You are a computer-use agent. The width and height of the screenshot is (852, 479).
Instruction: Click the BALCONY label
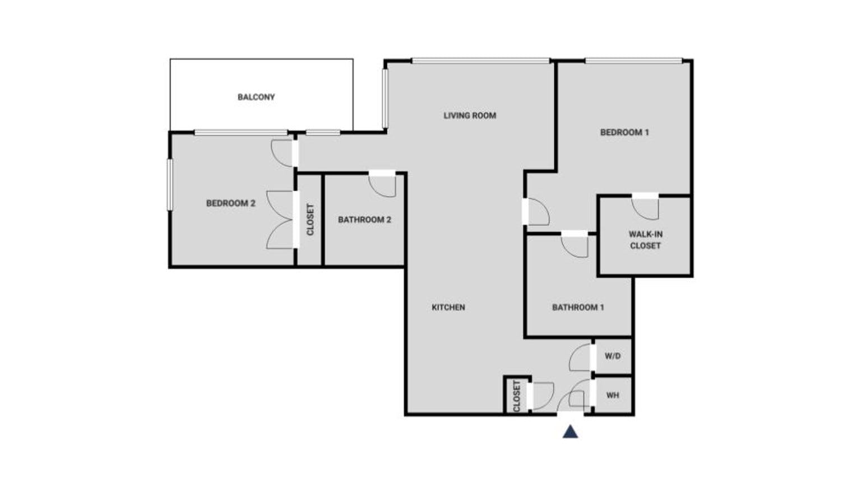[256, 97]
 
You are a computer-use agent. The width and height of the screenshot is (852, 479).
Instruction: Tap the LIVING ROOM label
[470, 115]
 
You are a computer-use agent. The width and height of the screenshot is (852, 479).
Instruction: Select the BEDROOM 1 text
[624, 132]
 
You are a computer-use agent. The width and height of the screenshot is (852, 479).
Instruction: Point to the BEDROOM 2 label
[230, 203]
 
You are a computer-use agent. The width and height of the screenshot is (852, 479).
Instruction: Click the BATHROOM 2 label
[364, 220]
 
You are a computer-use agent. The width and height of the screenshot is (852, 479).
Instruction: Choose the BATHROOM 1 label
[578, 307]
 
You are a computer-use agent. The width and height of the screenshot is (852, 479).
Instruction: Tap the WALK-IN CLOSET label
[645, 240]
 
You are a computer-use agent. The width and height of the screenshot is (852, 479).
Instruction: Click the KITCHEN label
[448, 307]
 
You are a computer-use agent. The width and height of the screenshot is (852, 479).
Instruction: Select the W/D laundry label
[613, 356]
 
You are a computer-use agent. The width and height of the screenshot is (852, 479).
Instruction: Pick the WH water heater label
[613, 395]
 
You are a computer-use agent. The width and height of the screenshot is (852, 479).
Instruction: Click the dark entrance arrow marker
[570, 431]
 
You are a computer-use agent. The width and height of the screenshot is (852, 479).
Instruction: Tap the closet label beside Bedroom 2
[310, 219]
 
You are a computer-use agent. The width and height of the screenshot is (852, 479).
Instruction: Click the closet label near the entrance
[516, 396]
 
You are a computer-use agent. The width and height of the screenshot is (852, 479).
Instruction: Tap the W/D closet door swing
[581, 357]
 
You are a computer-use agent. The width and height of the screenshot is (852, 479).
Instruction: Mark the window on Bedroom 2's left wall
[169, 185]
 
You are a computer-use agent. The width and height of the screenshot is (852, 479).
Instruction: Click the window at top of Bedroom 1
[633, 61]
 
